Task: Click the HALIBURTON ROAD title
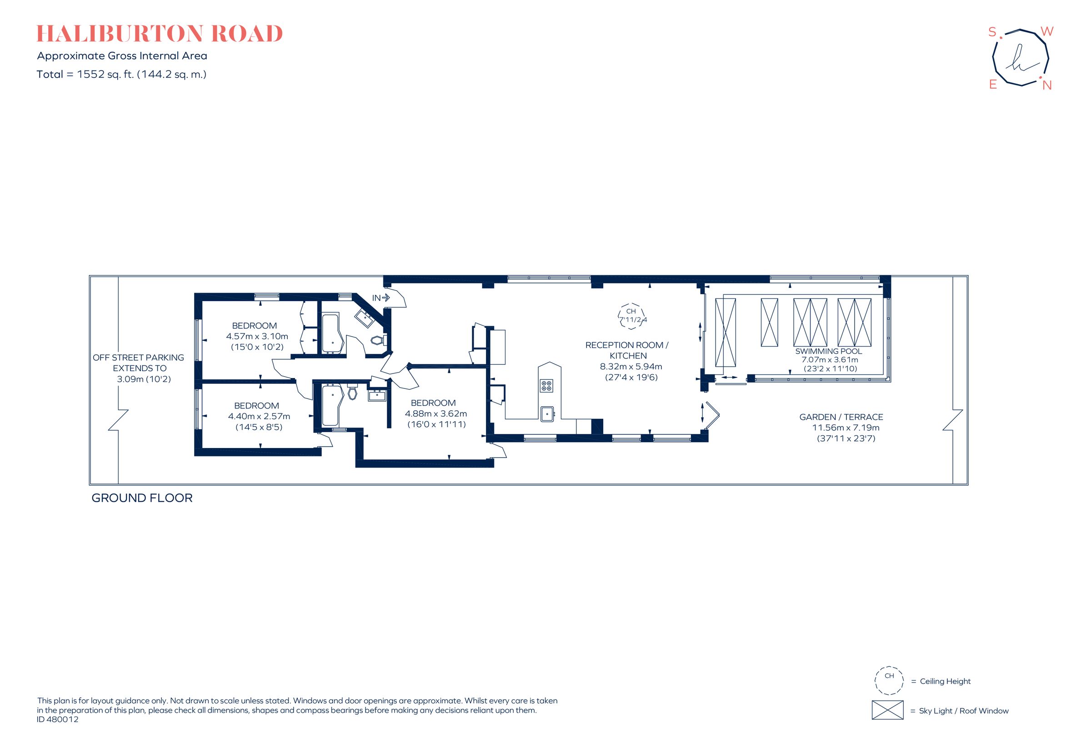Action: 160,33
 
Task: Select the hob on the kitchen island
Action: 546,386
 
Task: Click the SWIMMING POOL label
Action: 829,351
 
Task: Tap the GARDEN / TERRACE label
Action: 841,417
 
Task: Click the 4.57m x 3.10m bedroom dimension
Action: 257,336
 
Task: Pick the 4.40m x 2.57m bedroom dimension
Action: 259,416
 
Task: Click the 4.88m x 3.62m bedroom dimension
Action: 435,413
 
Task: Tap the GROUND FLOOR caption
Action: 142,498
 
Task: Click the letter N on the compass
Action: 1046,86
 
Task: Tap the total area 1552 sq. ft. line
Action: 121,74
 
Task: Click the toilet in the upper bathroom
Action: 378,340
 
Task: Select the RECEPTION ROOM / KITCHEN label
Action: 627,350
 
